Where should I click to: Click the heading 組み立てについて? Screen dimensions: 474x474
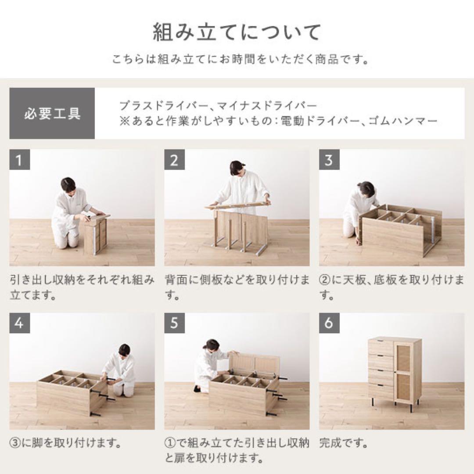tap(237, 33)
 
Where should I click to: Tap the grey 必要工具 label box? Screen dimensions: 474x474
tap(52, 114)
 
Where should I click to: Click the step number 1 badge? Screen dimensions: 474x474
tap(19, 160)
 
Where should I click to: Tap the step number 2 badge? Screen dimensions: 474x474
tap(174, 160)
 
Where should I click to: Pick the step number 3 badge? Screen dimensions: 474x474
tap(329, 160)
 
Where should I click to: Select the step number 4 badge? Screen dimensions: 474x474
tap(19, 323)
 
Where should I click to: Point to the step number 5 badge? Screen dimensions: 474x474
tap(174, 323)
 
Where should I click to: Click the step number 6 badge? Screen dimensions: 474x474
tap(329, 323)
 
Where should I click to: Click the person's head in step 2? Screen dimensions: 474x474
tap(237, 168)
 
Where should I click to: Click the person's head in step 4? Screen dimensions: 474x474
tap(124, 349)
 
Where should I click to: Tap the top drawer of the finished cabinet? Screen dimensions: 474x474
tap(381, 347)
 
